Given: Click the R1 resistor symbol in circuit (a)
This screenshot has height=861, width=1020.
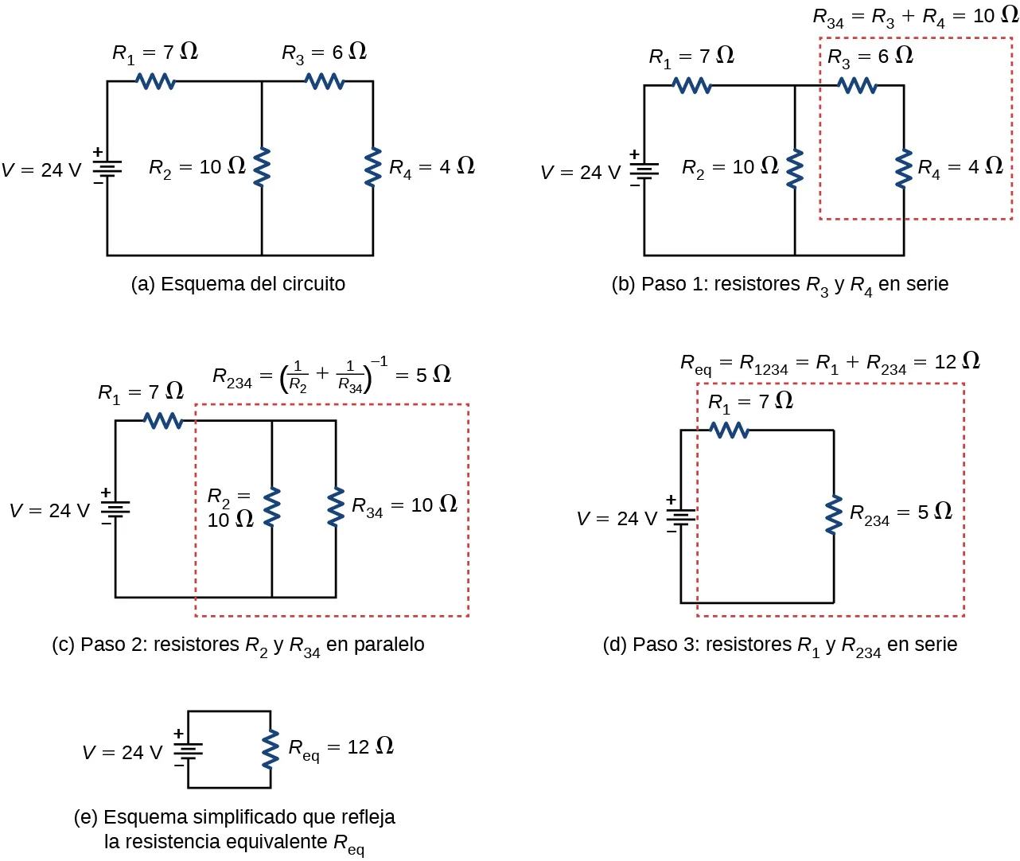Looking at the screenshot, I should pos(156,80).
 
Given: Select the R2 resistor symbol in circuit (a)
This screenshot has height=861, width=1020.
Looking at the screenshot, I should pos(261,168).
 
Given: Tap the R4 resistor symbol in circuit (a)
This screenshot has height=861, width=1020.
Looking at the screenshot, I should pos(372,168).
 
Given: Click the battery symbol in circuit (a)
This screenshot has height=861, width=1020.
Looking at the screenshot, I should pos(107,168).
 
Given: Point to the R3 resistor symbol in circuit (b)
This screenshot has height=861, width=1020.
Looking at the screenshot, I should pos(858,85).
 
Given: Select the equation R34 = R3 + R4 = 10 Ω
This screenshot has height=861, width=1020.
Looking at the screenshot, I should pos(915,17).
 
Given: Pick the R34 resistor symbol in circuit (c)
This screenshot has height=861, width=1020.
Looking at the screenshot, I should pos(336,507).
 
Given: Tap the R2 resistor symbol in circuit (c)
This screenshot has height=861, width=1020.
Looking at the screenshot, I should pos(272,507).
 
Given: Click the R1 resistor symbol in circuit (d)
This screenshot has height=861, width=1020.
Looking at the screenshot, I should pos(730,430).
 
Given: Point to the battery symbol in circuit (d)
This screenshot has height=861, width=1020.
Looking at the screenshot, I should pos(681,517).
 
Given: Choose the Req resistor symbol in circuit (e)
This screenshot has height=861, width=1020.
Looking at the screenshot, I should pos(271,749).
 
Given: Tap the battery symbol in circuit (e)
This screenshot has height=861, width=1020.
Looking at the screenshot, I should pos(189,750).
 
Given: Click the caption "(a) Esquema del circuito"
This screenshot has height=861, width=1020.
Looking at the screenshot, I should pos(238,284).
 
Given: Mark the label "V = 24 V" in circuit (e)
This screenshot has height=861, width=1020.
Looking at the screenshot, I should pos(123,753).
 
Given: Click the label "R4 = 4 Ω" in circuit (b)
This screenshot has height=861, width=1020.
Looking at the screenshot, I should pos(960,167).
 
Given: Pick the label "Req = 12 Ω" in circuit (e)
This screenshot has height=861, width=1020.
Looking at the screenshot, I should pos(341,748).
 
